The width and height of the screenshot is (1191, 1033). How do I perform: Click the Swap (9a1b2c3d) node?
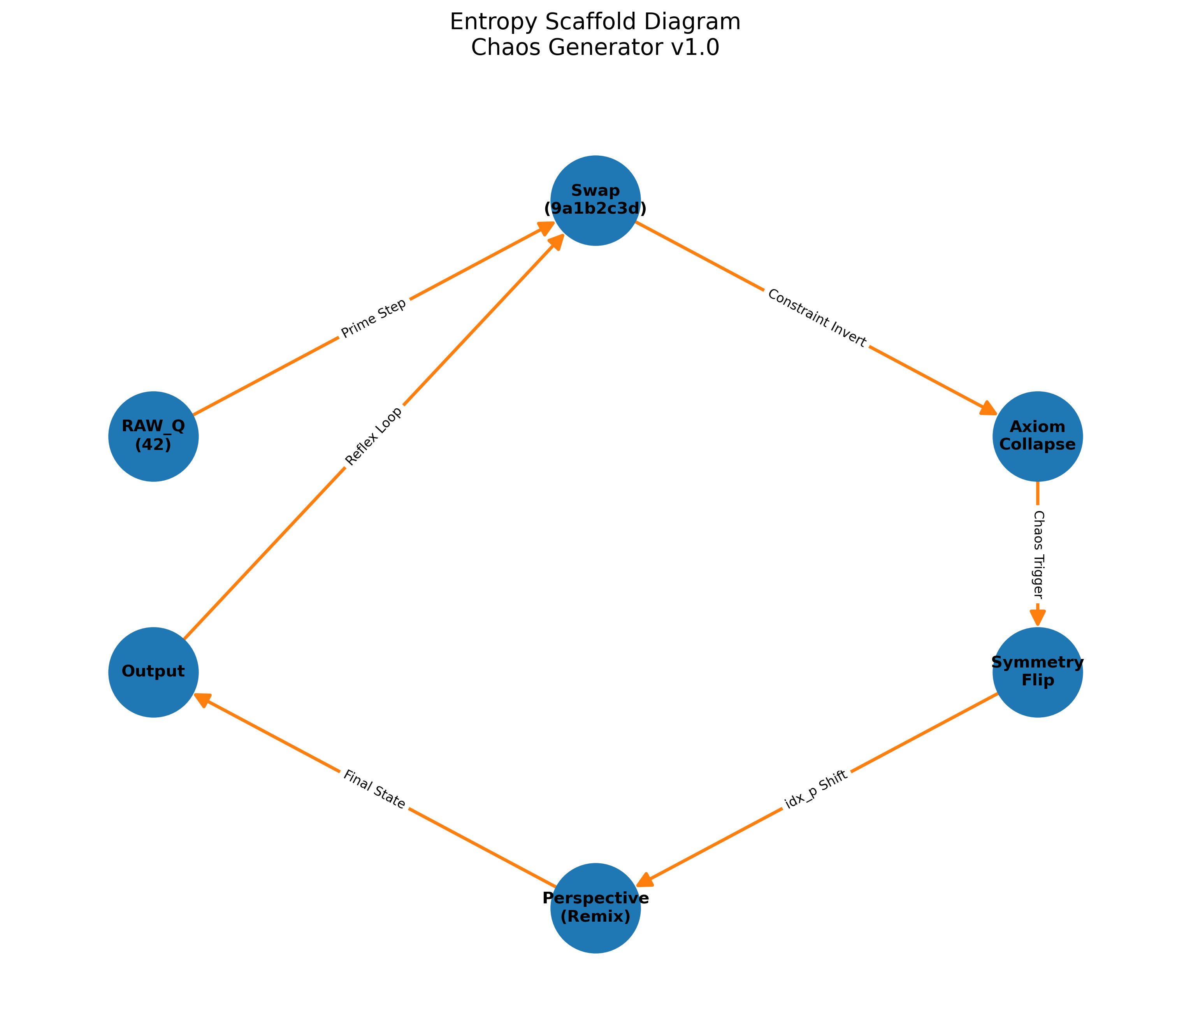pyautogui.click(x=595, y=200)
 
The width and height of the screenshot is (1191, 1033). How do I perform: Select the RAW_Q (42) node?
pyautogui.click(x=153, y=436)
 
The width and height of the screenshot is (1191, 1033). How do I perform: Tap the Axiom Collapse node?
pyautogui.click(x=1037, y=436)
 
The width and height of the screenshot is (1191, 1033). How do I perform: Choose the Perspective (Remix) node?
pyautogui.click(x=595, y=908)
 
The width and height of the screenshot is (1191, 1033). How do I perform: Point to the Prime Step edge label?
pyautogui.click(x=374, y=318)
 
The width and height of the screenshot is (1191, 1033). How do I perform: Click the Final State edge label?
pyautogui.click(x=374, y=790)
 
